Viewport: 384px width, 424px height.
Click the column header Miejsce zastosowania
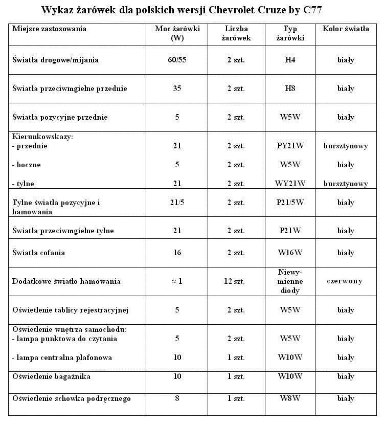click(49, 29)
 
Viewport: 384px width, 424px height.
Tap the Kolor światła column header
click(346, 29)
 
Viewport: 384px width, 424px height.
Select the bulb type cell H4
click(290, 60)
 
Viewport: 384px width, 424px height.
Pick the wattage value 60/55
click(177, 60)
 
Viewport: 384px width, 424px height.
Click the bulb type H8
click(290, 88)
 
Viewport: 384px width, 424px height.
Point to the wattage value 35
click(177, 88)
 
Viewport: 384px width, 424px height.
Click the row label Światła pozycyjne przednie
click(60, 117)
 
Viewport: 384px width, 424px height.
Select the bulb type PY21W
click(290, 146)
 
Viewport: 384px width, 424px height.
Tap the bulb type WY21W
click(290, 184)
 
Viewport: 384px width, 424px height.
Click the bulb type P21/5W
click(290, 203)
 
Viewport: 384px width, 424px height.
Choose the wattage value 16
click(177, 253)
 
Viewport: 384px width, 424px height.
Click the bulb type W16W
click(290, 253)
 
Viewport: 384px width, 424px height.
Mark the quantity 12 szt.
click(236, 281)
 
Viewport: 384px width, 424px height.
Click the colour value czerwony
click(346, 281)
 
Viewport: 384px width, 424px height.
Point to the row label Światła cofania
click(39, 253)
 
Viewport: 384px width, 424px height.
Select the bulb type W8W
click(290, 398)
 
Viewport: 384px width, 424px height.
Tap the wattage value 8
click(177, 398)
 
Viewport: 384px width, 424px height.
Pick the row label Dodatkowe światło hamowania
click(66, 281)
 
